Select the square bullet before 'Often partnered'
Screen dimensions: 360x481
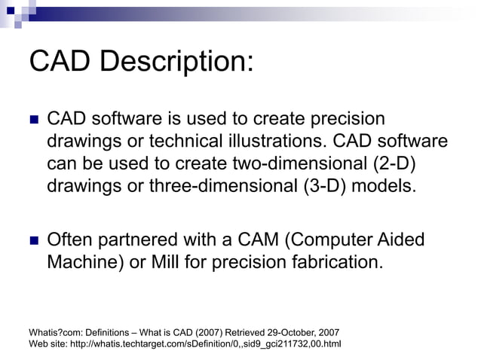point(32,242)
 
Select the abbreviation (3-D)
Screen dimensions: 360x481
point(323,185)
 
